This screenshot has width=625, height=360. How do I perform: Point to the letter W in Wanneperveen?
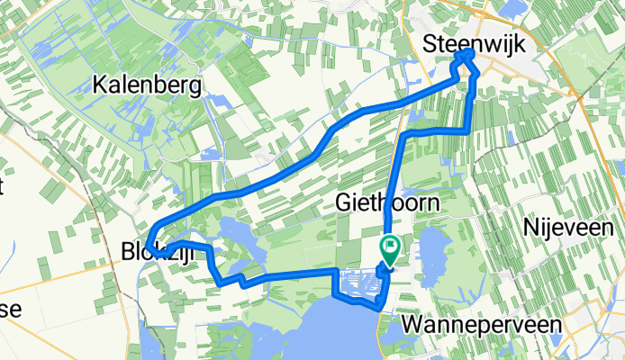pyautogui.click(x=412, y=323)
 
